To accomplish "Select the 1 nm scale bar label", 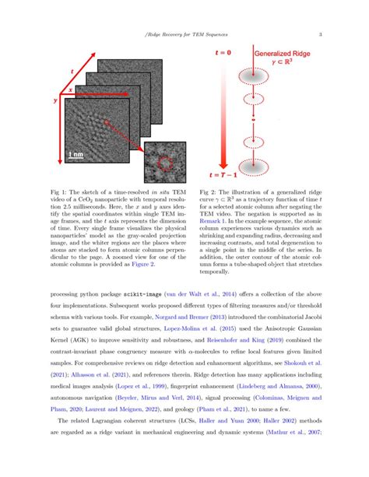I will pos(76,156).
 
